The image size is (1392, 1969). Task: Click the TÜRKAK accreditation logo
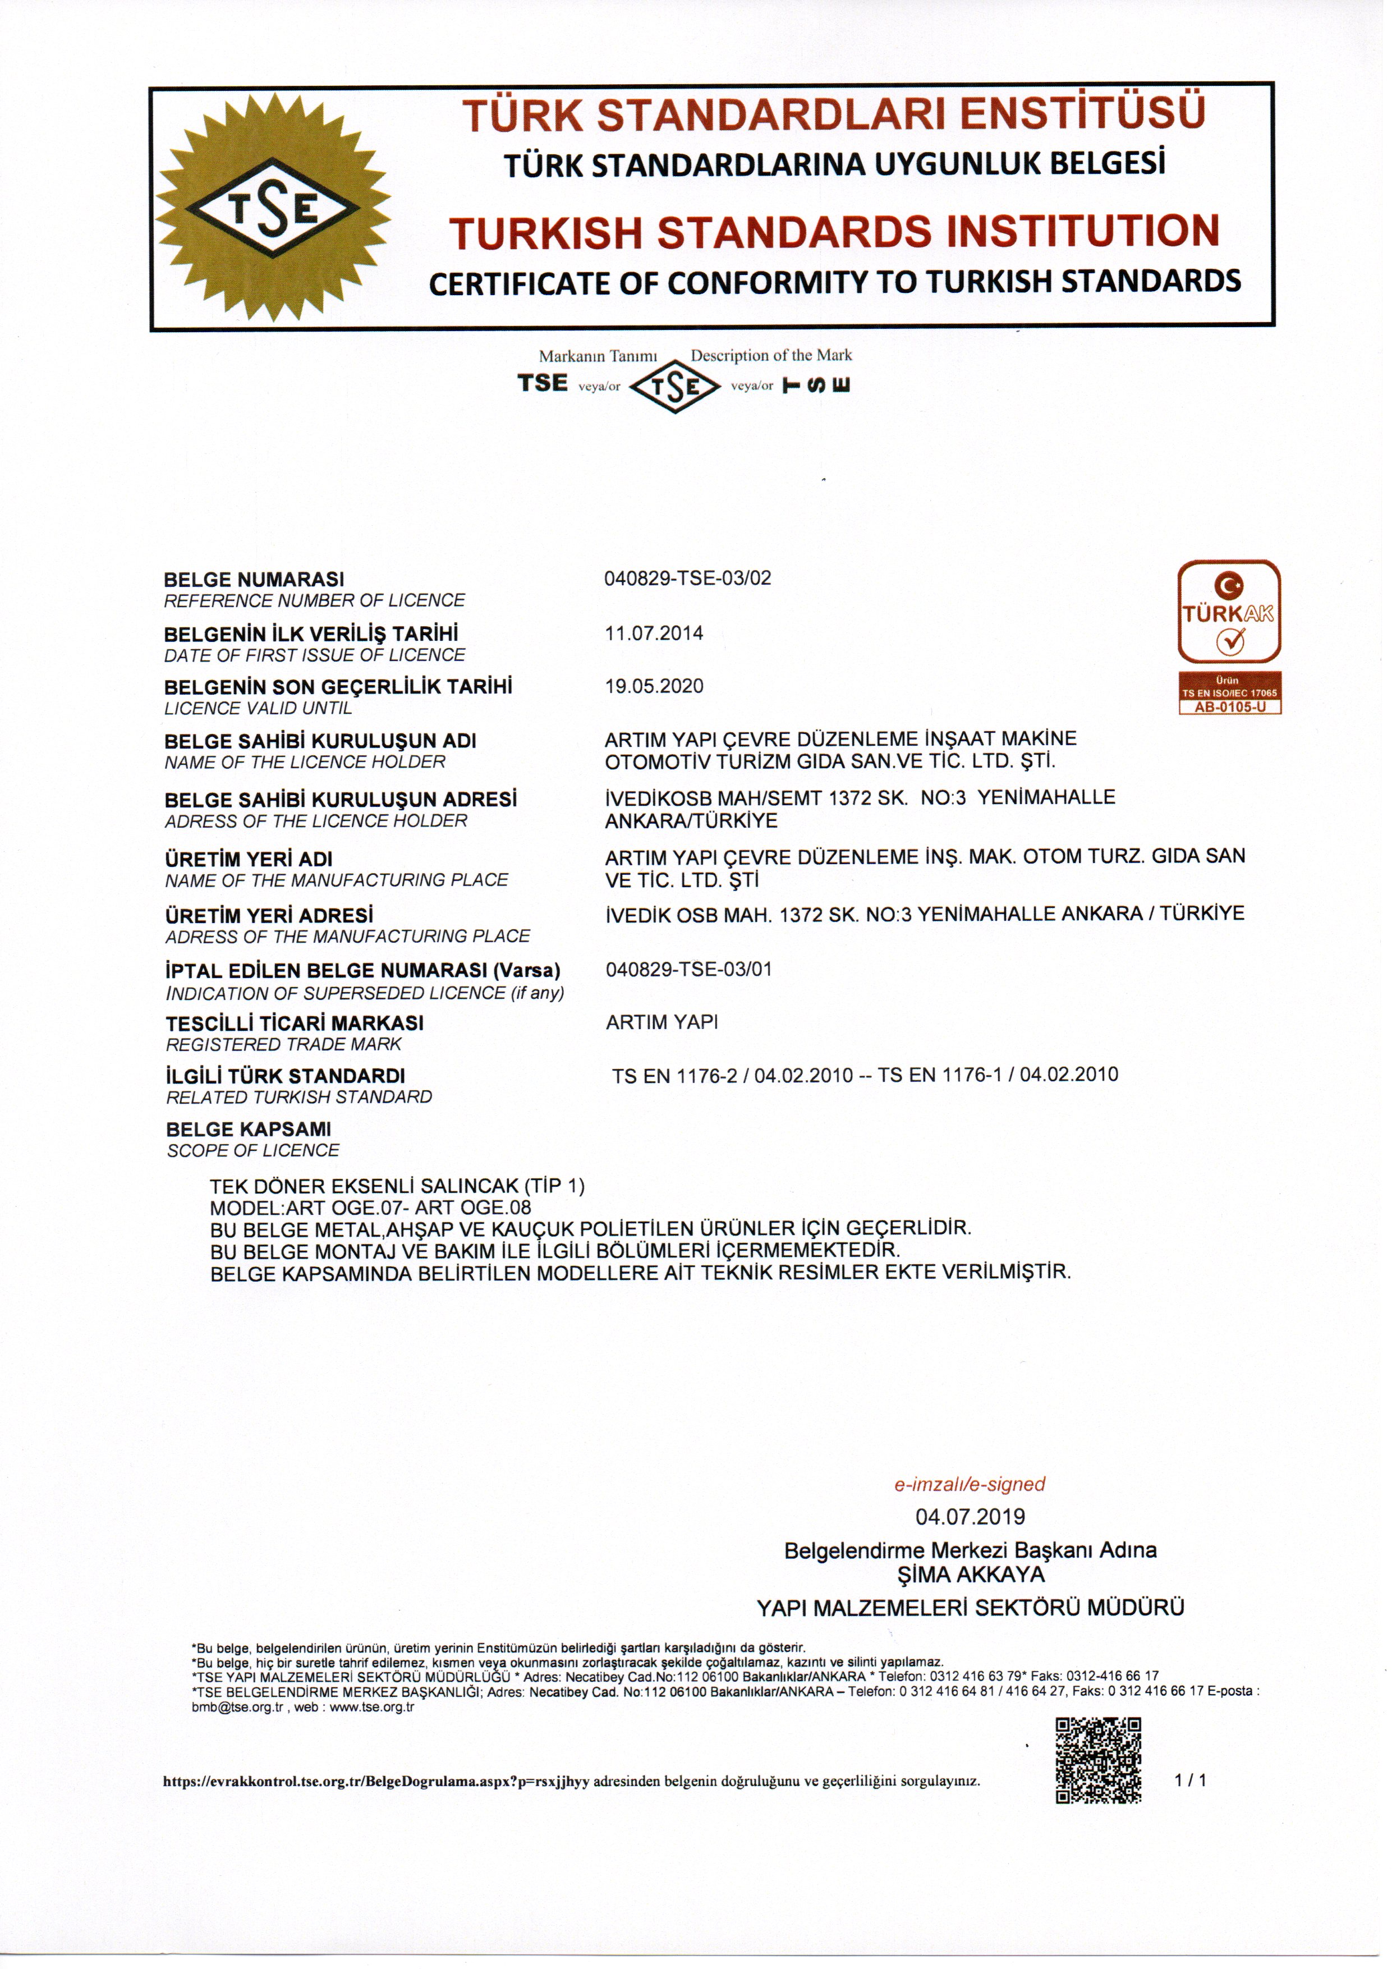click(1229, 612)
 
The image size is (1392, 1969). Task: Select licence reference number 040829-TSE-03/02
click(688, 578)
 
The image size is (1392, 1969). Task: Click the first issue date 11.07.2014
click(654, 634)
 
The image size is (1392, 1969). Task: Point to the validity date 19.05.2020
click(654, 686)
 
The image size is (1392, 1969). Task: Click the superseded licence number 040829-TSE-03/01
click(688, 970)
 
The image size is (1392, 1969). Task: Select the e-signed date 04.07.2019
click(970, 1517)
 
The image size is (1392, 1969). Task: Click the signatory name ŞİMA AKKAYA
click(970, 1575)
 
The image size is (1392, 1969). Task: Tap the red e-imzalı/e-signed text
click(970, 1485)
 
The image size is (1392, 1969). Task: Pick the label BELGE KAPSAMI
click(249, 1130)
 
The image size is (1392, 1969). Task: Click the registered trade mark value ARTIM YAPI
click(661, 1022)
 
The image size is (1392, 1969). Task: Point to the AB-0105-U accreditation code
click(1229, 708)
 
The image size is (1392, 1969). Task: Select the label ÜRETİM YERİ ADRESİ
click(269, 916)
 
